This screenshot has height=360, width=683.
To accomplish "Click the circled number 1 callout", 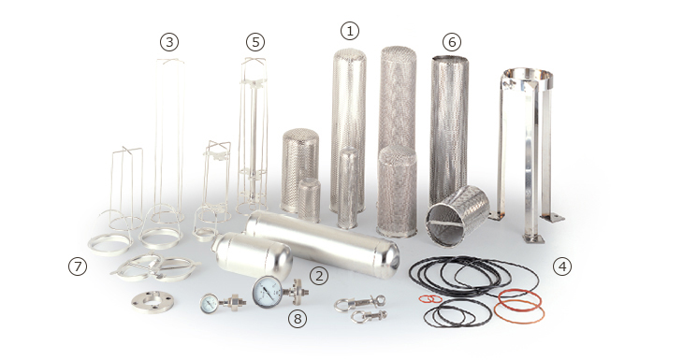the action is click(x=349, y=31).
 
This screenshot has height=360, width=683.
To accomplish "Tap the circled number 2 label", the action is click(x=319, y=276).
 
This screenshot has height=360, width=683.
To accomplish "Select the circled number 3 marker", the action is click(x=169, y=42).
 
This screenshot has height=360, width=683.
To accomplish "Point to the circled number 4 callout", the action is click(x=562, y=266).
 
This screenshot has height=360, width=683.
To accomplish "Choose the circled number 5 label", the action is click(x=255, y=42).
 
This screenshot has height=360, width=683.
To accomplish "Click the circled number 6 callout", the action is click(x=451, y=42).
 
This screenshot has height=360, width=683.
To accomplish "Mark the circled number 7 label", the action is click(x=78, y=266).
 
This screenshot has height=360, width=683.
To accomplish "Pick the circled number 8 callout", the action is click(x=298, y=319).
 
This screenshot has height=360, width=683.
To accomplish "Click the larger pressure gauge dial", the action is click(x=267, y=292).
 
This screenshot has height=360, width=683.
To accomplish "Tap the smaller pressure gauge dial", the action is click(x=209, y=303).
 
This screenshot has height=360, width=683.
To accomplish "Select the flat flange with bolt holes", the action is click(x=153, y=301).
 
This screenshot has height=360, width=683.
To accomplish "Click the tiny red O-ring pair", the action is click(x=430, y=299).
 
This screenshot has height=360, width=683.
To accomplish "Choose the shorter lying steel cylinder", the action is click(x=253, y=254).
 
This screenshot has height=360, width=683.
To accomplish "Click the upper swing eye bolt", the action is click(x=360, y=303).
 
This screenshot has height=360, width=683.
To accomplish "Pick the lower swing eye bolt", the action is click(x=369, y=316).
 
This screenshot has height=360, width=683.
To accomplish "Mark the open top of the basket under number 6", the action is click(x=450, y=58).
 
